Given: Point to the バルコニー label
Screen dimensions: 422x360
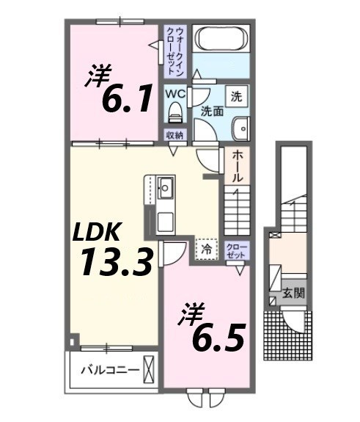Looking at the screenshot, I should click(109, 369).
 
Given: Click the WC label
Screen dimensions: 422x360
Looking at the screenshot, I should click(175, 95).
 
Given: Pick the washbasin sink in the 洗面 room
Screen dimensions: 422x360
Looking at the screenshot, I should click(240, 130).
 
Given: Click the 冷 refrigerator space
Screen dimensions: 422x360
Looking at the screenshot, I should click(207, 250).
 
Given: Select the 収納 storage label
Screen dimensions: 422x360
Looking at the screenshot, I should click(175, 135).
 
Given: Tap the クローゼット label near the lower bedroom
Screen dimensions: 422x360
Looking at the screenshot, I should click(235, 250).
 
